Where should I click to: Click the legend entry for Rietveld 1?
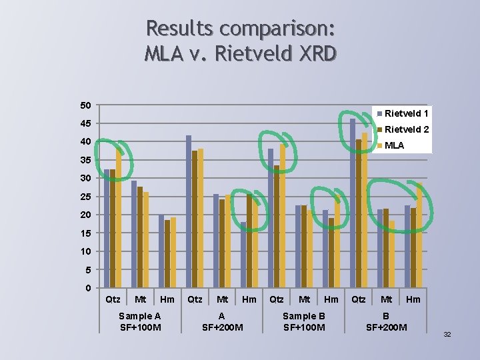tap(406, 114)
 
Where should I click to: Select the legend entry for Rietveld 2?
tap(406, 129)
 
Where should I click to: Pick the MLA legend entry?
tap(394, 145)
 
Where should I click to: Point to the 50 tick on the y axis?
tap(85, 105)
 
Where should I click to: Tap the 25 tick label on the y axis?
tap(85, 197)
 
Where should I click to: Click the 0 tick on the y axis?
tap(88, 288)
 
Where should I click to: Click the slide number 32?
tap(447, 334)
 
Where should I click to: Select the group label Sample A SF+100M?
tap(139, 321)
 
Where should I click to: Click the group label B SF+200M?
tap(386, 321)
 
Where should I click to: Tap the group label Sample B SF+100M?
tap(304, 321)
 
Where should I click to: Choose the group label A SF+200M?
tap(222, 321)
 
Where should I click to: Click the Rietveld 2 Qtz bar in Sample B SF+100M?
tap(277, 227)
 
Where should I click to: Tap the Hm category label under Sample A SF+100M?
tap(167, 299)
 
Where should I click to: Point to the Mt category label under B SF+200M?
tap(386, 299)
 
